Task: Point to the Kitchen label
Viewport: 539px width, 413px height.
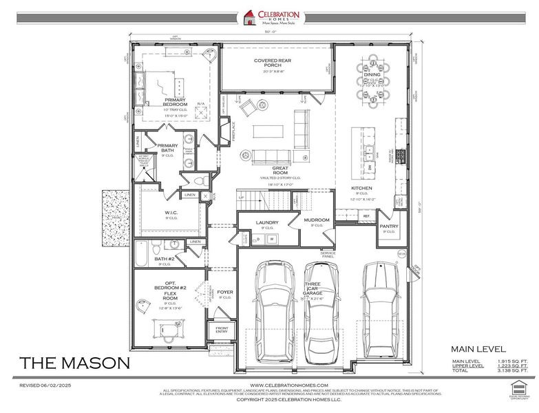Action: coord(361,188)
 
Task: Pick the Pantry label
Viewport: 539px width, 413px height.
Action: coord(389,226)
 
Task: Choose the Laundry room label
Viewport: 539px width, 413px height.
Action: coord(266,222)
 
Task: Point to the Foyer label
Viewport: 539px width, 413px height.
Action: coord(224,292)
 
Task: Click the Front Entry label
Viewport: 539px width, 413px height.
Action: coord(222,330)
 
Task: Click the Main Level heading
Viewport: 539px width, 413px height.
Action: coord(478,349)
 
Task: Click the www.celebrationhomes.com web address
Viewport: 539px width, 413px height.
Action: coord(288,385)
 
